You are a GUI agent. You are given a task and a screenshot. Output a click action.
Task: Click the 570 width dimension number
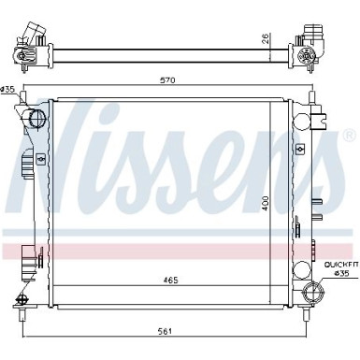click(168, 81)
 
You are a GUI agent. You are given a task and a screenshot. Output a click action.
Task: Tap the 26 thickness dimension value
click(266, 39)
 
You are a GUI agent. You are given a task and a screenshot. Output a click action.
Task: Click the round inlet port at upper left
click(36, 119)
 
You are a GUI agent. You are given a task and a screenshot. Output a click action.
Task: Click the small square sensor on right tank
click(300, 149)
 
